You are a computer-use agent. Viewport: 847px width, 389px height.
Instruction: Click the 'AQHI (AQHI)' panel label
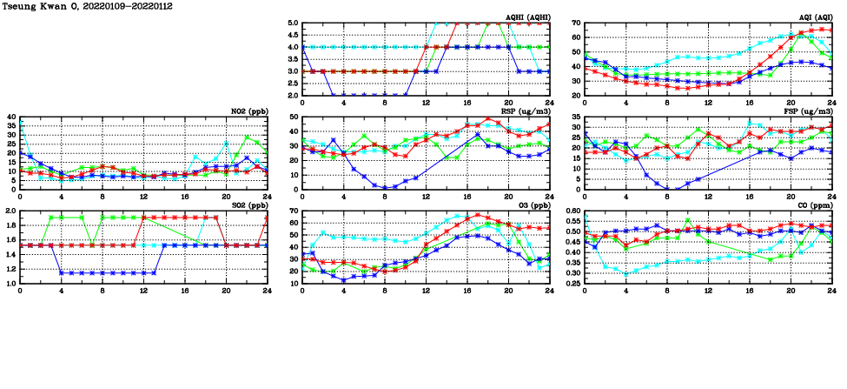point(528,17)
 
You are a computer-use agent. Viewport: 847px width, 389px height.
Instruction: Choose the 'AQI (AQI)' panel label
point(815,17)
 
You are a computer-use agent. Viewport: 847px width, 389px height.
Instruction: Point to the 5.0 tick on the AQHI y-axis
point(294,23)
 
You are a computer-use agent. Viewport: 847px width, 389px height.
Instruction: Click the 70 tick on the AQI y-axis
point(576,23)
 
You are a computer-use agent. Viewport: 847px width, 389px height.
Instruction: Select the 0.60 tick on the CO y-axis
point(572,211)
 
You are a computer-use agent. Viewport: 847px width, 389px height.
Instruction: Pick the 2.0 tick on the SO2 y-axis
point(11,211)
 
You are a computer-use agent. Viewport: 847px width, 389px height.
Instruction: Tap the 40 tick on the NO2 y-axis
point(11,117)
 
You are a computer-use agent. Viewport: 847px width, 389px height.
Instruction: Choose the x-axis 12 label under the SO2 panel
point(143,291)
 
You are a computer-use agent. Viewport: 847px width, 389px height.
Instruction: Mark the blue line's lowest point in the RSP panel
point(385,187)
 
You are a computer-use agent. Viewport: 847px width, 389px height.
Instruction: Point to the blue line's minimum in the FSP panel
point(667,189)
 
